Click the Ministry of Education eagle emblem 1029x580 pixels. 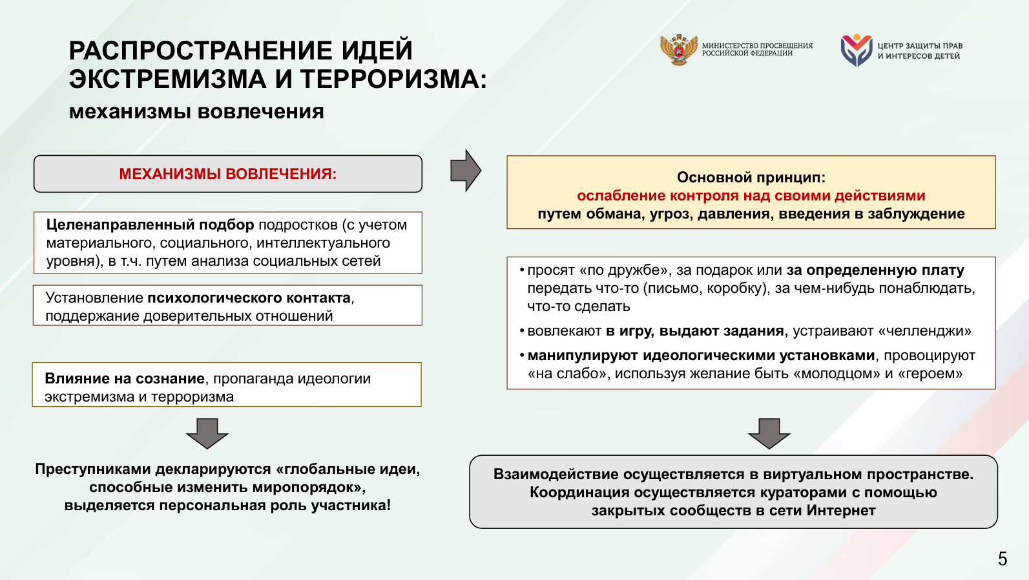[x=679, y=50]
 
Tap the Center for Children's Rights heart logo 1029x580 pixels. [x=857, y=50]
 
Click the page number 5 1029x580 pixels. [x=1002, y=559]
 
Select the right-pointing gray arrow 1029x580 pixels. [x=466, y=171]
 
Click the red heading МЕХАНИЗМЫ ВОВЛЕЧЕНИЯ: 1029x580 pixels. [x=227, y=174]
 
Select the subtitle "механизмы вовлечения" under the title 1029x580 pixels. [x=196, y=111]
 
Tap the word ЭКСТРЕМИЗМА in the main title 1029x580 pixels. [x=167, y=80]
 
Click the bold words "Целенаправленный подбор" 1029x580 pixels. [x=150, y=225]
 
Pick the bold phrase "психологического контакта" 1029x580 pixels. [x=249, y=298]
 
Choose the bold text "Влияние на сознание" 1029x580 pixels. [x=124, y=379]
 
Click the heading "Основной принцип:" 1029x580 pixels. [x=751, y=177]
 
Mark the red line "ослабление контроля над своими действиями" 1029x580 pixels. [x=751, y=195]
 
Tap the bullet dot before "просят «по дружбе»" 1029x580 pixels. [x=521, y=270]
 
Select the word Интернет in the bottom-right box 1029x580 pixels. [x=843, y=511]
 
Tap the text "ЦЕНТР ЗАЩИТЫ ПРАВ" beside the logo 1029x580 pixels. [x=920, y=46]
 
